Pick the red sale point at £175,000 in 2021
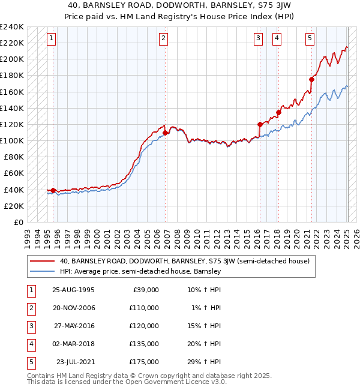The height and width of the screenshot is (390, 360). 312,79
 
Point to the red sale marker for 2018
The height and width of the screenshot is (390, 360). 278,112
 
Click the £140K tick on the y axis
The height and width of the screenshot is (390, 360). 12,108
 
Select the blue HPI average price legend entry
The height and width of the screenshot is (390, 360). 140,271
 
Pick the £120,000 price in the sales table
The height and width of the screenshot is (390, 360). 144,326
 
